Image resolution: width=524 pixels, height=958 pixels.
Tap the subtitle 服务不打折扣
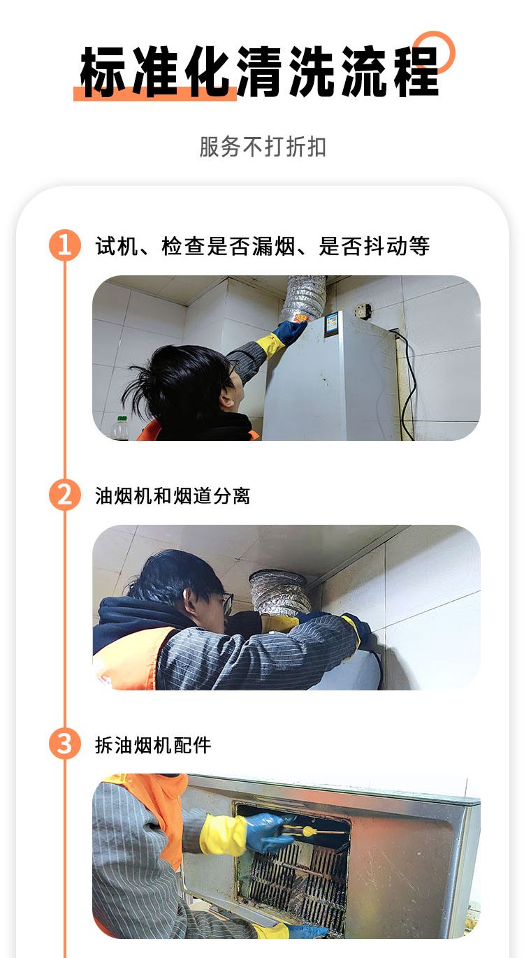(x=263, y=147)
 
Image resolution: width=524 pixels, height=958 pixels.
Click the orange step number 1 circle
(x=64, y=245)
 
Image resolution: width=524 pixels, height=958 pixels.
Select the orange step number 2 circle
(x=64, y=495)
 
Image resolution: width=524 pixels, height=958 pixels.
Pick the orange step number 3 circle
(x=64, y=743)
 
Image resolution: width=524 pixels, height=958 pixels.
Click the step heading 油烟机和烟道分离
(x=173, y=495)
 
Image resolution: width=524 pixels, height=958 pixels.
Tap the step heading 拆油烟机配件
(x=153, y=745)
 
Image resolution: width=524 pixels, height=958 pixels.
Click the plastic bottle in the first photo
(x=120, y=427)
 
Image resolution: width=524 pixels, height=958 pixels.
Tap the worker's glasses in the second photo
(x=226, y=602)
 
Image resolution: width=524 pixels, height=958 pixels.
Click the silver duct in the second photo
(x=280, y=593)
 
